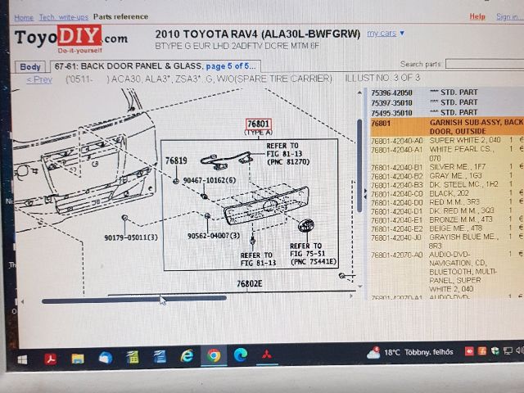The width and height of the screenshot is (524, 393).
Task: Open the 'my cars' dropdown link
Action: coord(386,33)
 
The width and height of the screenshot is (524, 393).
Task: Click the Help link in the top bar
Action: coord(477,16)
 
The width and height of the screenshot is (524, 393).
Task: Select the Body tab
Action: coord(31,66)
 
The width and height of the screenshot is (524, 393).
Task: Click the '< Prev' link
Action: coord(39,79)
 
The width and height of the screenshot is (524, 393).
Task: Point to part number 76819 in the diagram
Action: coord(176,160)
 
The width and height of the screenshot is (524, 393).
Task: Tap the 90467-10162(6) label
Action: coord(209,180)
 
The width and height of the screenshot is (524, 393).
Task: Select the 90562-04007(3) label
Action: coord(213,236)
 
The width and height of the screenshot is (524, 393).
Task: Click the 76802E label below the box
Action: coord(250,283)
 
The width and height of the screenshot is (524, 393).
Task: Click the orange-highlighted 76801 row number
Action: coord(381,123)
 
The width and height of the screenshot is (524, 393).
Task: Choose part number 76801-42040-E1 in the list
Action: coord(396,220)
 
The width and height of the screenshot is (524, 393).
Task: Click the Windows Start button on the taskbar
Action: coord(22,358)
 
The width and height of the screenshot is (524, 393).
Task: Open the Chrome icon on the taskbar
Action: coord(214,355)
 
